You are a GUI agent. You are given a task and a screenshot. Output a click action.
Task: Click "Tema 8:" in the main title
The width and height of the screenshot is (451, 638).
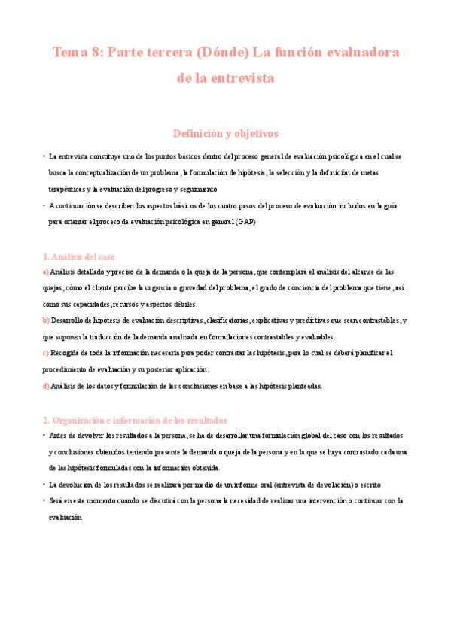point(78,53)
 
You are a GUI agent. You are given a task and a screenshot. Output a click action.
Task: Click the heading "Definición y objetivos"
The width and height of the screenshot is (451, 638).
point(225,133)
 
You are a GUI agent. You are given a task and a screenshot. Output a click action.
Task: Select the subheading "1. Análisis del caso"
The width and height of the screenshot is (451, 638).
point(78,257)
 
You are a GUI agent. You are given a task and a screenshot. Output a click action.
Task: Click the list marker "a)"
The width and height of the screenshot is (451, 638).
point(45,271)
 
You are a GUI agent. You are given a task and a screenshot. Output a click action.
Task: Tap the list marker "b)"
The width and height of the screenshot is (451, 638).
point(46,320)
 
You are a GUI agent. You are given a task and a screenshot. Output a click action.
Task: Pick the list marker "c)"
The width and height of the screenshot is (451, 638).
point(45,353)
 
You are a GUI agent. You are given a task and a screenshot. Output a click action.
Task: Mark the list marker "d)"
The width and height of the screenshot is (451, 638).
point(46,386)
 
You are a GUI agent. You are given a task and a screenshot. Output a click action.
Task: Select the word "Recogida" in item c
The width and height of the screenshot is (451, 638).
point(67,353)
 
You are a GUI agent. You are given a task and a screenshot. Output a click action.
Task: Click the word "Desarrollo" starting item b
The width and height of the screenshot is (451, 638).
point(70,320)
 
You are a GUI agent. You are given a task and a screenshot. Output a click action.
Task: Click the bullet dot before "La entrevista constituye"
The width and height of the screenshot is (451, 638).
point(44,156)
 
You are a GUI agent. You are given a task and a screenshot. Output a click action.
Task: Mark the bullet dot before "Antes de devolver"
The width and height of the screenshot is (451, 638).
point(44,435)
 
